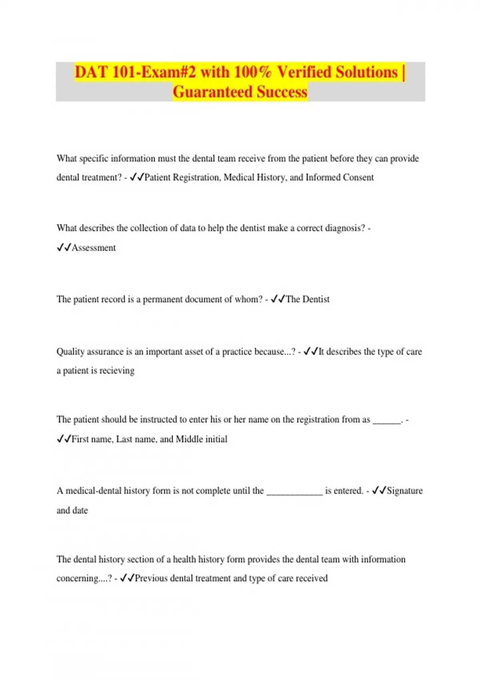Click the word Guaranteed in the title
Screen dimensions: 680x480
(212, 92)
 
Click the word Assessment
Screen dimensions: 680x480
(94, 248)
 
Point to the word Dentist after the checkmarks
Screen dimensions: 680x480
(316, 299)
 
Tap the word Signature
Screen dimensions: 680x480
(404, 491)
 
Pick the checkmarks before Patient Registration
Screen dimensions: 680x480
(137, 177)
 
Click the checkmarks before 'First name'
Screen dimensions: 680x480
(64, 439)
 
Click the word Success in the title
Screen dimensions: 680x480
(282, 92)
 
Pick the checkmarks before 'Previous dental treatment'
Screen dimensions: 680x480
(127, 578)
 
